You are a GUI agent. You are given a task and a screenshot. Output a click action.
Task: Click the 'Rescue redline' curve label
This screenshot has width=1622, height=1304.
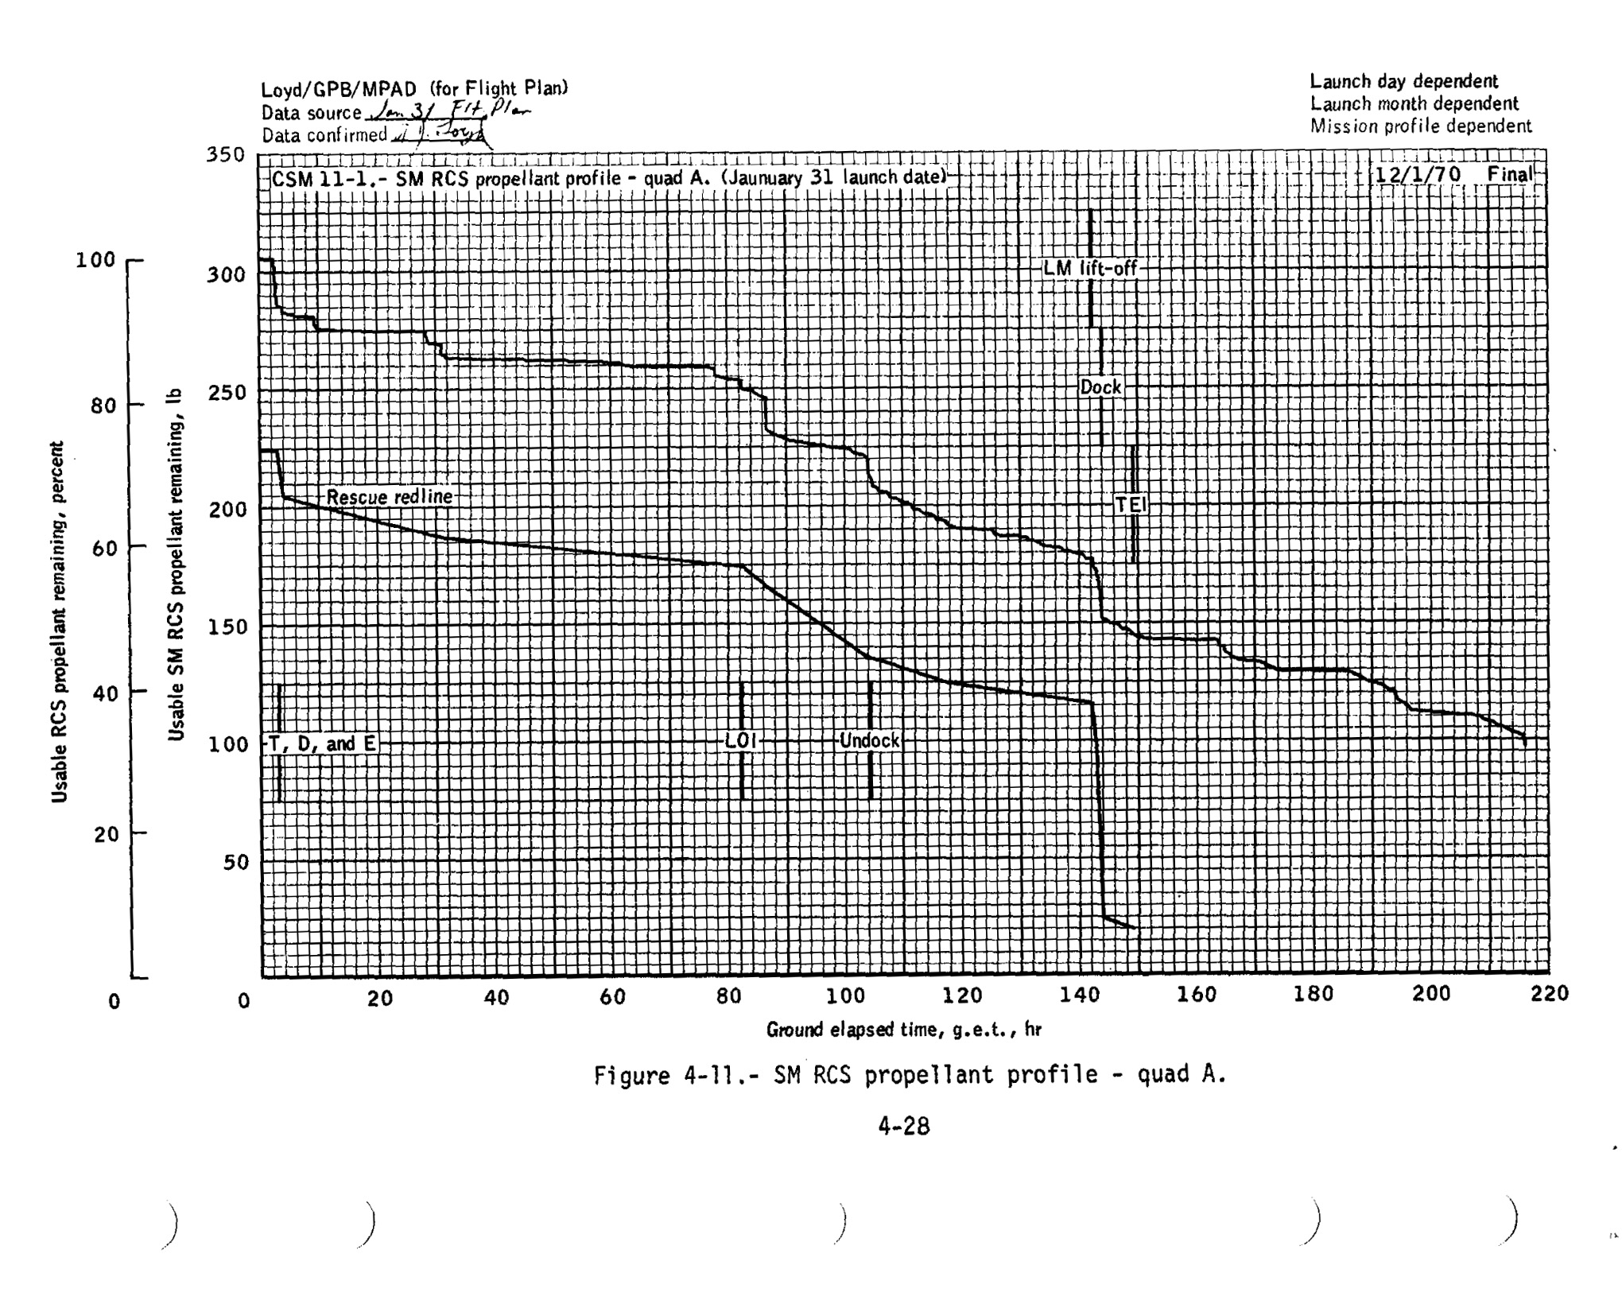[x=389, y=497]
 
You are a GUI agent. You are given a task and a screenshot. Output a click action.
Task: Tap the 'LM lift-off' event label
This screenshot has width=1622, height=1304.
[x=1090, y=269]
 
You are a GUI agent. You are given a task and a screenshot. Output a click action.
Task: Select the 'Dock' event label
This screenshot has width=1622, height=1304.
[x=1100, y=387]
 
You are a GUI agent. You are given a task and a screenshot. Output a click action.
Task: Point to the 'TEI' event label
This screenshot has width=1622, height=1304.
[x=1131, y=505]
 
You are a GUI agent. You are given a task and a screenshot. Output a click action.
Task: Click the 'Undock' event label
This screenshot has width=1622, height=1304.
[x=870, y=741]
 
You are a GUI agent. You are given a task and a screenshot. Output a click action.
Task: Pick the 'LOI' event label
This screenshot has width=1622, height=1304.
[x=740, y=741]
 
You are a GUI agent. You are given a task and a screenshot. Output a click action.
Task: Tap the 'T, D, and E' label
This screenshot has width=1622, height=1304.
[x=322, y=744]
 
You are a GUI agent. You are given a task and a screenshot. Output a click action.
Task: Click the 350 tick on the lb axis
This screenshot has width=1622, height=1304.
[x=226, y=154]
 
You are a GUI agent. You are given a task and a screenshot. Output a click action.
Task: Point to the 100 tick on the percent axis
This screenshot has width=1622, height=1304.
[x=95, y=260]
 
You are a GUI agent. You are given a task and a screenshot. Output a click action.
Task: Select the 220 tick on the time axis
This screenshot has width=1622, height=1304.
[x=1550, y=994]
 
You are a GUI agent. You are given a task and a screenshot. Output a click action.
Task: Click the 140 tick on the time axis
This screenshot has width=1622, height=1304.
[x=1080, y=994]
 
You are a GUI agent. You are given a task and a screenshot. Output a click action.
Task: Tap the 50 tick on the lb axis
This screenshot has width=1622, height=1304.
[x=236, y=862]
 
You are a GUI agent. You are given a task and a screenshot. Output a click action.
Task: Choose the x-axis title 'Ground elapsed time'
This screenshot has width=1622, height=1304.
[x=903, y=1030]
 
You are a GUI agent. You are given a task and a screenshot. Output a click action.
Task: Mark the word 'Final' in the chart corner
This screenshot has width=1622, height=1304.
[x=1509, y=174]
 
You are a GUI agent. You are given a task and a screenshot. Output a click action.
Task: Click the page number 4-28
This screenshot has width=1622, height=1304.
[x=903, y=1126]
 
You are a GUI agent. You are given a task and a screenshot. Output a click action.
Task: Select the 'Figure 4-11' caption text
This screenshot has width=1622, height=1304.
[x=910, y=1075]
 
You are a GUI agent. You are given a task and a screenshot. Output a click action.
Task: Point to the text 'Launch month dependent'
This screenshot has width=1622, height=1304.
[x=1414, y=103]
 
